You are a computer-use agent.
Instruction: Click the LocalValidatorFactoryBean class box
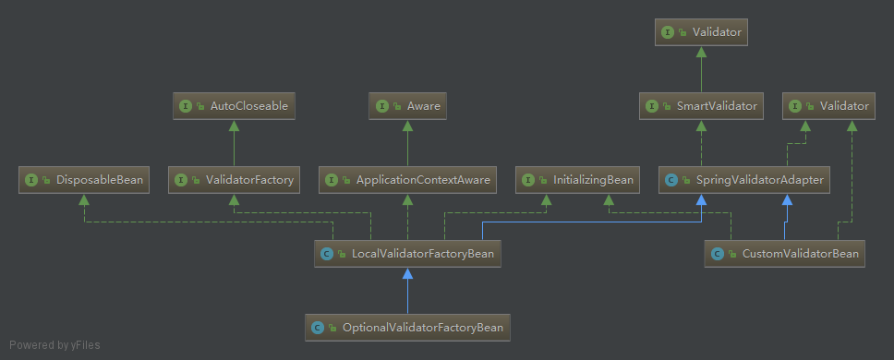[409, 253]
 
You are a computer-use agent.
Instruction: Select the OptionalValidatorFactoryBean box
[407, 327]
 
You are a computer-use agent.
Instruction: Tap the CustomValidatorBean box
[785, 253]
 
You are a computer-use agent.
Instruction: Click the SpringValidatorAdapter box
[743, 180]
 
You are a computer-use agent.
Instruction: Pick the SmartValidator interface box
[702, 106]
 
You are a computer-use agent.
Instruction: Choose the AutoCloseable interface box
[234, 106]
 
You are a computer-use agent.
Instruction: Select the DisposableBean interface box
[84, 180]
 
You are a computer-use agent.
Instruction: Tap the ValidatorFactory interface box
[234, 180]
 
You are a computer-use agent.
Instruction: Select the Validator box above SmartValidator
[702, 32]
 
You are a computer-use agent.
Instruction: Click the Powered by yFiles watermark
[54, 345]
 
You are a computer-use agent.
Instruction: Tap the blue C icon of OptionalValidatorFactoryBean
[318, 328]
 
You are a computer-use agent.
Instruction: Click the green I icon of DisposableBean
[30, 180]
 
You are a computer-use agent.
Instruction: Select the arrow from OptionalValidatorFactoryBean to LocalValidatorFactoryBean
[407, 291]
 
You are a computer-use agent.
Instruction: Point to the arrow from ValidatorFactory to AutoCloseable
[234, 143]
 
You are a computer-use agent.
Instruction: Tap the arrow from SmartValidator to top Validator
[702, 69]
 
